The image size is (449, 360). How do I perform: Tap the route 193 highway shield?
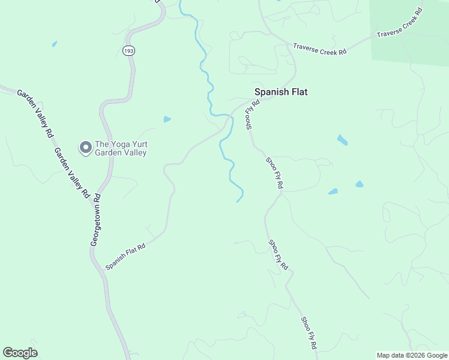[x=128, y=51]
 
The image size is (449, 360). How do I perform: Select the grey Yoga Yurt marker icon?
[x=85, y=146]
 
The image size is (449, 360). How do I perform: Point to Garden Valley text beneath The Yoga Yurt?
[x=120, y=152]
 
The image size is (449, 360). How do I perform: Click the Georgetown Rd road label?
[x=95, y=219]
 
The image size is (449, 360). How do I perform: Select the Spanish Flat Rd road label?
[x=125, y=256]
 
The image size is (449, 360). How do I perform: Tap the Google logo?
[x=20, y=353]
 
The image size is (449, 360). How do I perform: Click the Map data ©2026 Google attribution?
[x=412, y=355]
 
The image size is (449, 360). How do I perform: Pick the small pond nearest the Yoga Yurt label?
[x=167, y=119]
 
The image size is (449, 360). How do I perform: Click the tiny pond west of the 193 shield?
[x=54, y=44]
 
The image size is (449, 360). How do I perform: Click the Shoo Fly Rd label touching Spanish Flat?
[x=252, y=114]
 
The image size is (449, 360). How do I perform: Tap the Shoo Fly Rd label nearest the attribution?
[x=309, y=334]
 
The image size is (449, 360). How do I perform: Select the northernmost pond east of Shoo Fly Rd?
[x=342, y=140]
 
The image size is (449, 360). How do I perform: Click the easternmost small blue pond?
[x=360, y=184]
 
